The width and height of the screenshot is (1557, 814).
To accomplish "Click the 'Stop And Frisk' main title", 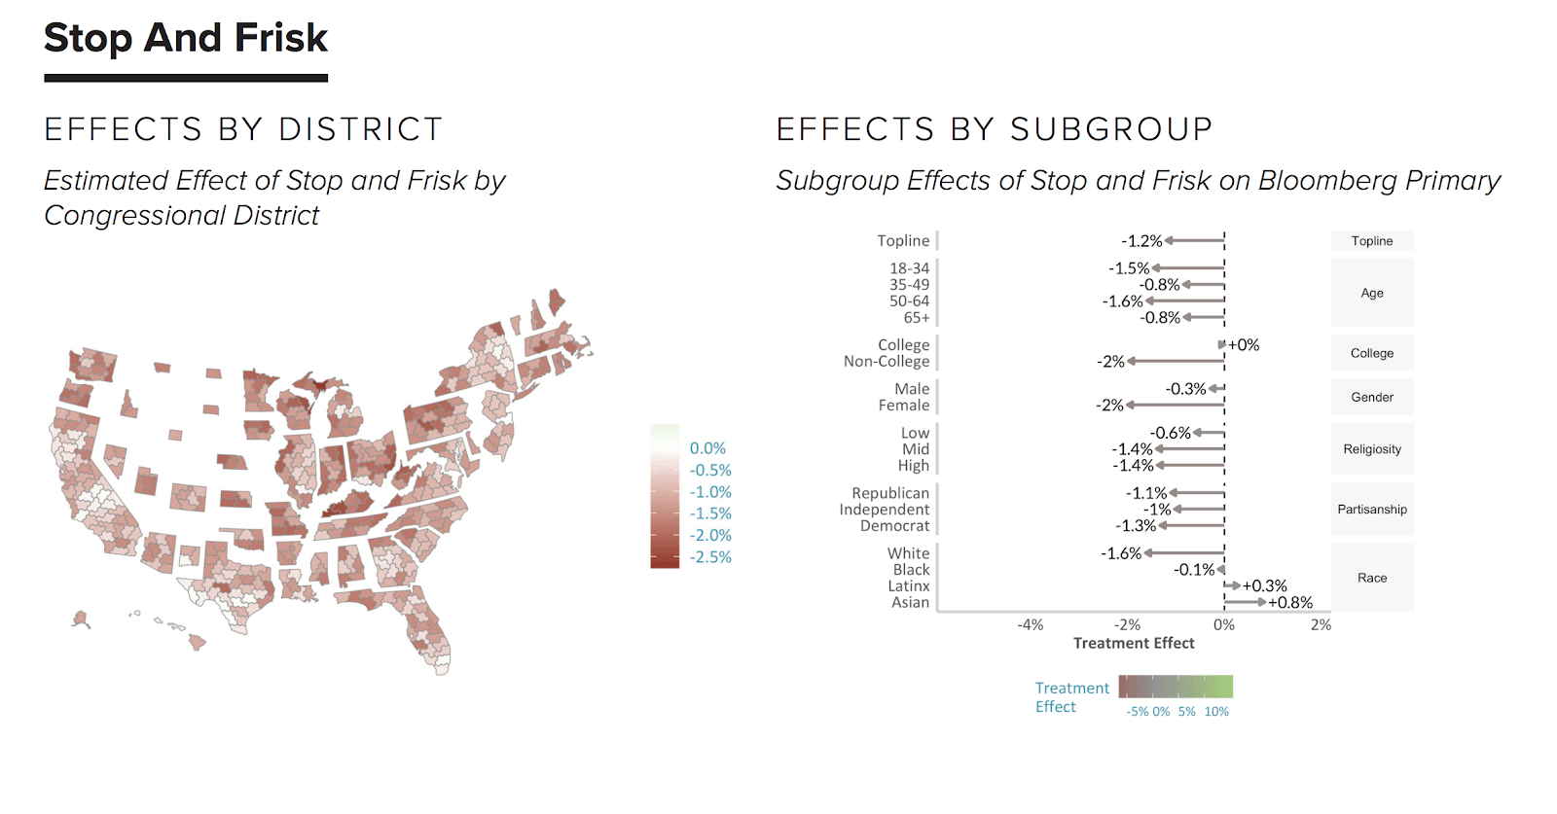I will [x=186, y=39].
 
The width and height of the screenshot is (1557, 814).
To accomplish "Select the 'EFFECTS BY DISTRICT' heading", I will [x=243, y=129].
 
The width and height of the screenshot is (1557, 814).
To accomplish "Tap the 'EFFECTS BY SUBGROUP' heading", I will [x=995, y=129].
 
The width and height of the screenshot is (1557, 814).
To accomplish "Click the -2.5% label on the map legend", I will [x=710, y=557].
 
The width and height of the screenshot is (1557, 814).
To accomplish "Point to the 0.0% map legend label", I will [x=707, y=448].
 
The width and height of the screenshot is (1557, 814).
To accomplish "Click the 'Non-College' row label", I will [x=887, y=362].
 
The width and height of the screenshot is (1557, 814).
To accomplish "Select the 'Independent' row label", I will [x=885, y=510].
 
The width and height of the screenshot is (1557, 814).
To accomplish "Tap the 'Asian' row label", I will [x=910, y=603].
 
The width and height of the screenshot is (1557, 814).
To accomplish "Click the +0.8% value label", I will [x=1290, y=603].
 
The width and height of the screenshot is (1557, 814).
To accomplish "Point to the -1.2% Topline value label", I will [x=1141, y=241].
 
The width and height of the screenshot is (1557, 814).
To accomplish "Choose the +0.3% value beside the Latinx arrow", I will [x=1265, y=586].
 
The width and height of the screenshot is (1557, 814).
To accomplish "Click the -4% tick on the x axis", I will [x=1031, y=625].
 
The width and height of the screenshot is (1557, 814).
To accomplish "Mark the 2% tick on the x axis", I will [x=1321, y=625].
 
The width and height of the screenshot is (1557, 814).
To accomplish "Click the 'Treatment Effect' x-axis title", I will [x=1134, y=643].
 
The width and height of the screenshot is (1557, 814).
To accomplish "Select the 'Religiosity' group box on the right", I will [x=1372, y=449].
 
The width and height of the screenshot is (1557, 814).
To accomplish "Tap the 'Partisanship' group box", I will [x=1372, y=510].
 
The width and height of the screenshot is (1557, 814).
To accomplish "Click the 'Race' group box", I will [x=1372, y=578].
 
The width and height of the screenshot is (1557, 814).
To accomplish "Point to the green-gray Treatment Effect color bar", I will [x=1176, y=688].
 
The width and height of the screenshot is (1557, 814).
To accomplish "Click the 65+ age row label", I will [x=917, y=318].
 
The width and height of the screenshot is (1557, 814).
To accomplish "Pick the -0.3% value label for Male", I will [x=1185, y=389].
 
